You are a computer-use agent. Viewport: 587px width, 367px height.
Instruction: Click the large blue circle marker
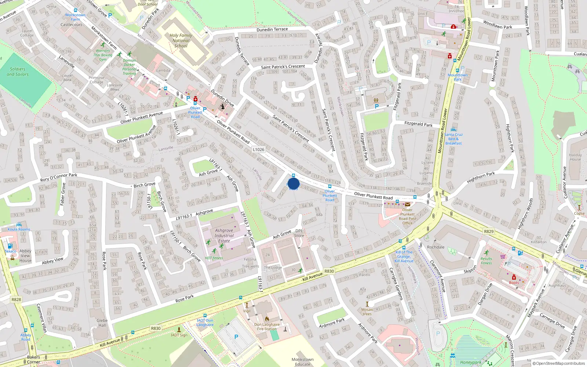click(293, 183)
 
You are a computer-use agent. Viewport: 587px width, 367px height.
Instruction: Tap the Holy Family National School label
click(181, 41)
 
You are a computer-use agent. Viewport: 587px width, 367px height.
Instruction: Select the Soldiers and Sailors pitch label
click(18, 72)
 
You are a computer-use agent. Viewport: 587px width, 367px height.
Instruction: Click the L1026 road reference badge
click(259, 149)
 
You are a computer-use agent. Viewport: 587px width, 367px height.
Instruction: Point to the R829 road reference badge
click(489, 232)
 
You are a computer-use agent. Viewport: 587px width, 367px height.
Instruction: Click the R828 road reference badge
click(16, 299)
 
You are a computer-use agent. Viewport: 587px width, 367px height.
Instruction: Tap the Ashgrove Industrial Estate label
click(224, 236)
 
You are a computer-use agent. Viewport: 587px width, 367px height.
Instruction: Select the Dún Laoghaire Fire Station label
click(267, 327)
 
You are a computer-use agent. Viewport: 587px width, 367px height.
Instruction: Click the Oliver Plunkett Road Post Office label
click(407, 217)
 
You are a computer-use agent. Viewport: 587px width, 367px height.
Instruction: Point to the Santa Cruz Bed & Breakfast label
click(453, 139)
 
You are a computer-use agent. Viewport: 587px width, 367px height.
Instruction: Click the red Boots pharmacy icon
click(514, 277)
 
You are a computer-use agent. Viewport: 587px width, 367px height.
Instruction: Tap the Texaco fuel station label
click(10, 251)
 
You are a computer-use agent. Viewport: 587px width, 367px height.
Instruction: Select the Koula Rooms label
click(19, 229)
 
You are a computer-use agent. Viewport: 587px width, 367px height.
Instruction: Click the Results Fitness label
click(486, 261)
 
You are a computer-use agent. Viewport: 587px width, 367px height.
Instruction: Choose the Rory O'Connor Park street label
click(59, 177)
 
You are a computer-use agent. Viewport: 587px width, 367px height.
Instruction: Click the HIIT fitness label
click(214, 258)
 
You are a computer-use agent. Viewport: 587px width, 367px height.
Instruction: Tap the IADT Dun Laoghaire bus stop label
click(205, 322)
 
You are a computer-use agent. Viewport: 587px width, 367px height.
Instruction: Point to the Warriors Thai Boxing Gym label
click(103, 55)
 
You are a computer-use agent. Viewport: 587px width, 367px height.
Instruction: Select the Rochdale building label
click(435, 247)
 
